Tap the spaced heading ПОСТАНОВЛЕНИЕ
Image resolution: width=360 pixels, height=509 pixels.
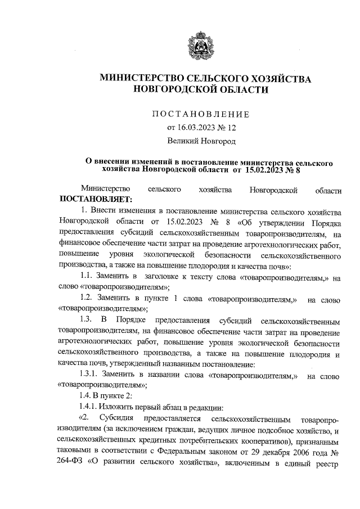click(x=201, y=114)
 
